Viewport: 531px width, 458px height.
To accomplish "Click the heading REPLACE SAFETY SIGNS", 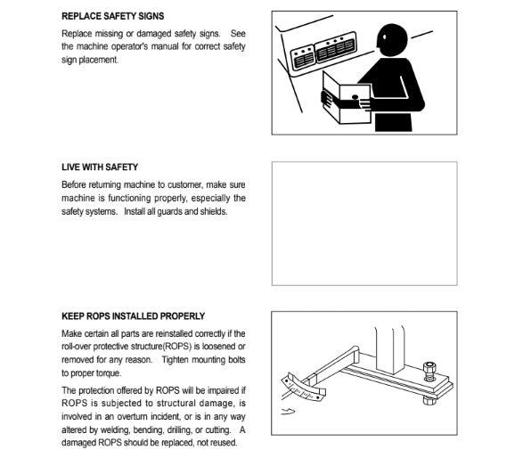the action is pyautogui.click(x=113, y=16).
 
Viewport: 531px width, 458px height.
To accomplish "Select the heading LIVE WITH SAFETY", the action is pyautogui.click(x=100, y=167).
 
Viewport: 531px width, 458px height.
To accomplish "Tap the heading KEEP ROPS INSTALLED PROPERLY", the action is pyautogui.click(x=133, y=316).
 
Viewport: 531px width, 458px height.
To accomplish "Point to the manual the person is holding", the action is pyautogui.click(x=347, y=99).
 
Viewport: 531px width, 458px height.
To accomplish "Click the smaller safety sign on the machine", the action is pyautogui.click(x=303, y=57).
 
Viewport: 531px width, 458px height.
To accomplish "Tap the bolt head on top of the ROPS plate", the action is pyautogui.click(x=429, y=367).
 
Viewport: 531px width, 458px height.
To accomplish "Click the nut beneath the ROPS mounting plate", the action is pyautogui.click(x=429, y=400).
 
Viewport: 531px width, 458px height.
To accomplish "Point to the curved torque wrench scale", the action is pyautogui.click(x=302, y=388).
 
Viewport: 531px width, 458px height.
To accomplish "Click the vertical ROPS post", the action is pyautogui.click(x=390, y=349).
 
